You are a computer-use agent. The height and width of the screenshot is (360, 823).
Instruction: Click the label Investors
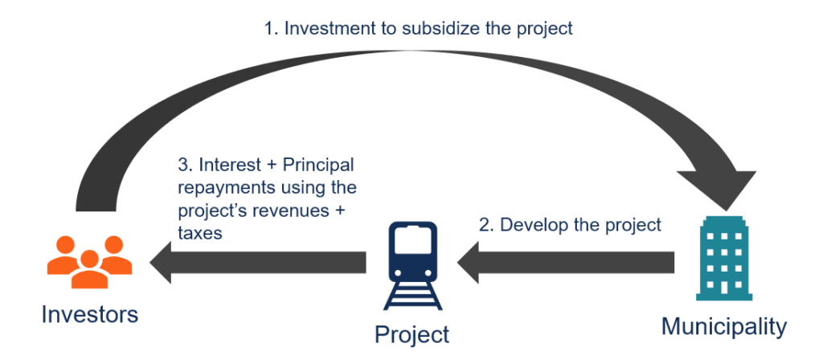(x=90, y=314)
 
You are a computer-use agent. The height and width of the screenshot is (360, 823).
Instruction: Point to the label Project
(x=411, y=333)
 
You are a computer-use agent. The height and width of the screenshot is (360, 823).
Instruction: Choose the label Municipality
(x=723, y=327)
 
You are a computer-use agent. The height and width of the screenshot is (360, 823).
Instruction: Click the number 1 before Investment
(x=268, y=29)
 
